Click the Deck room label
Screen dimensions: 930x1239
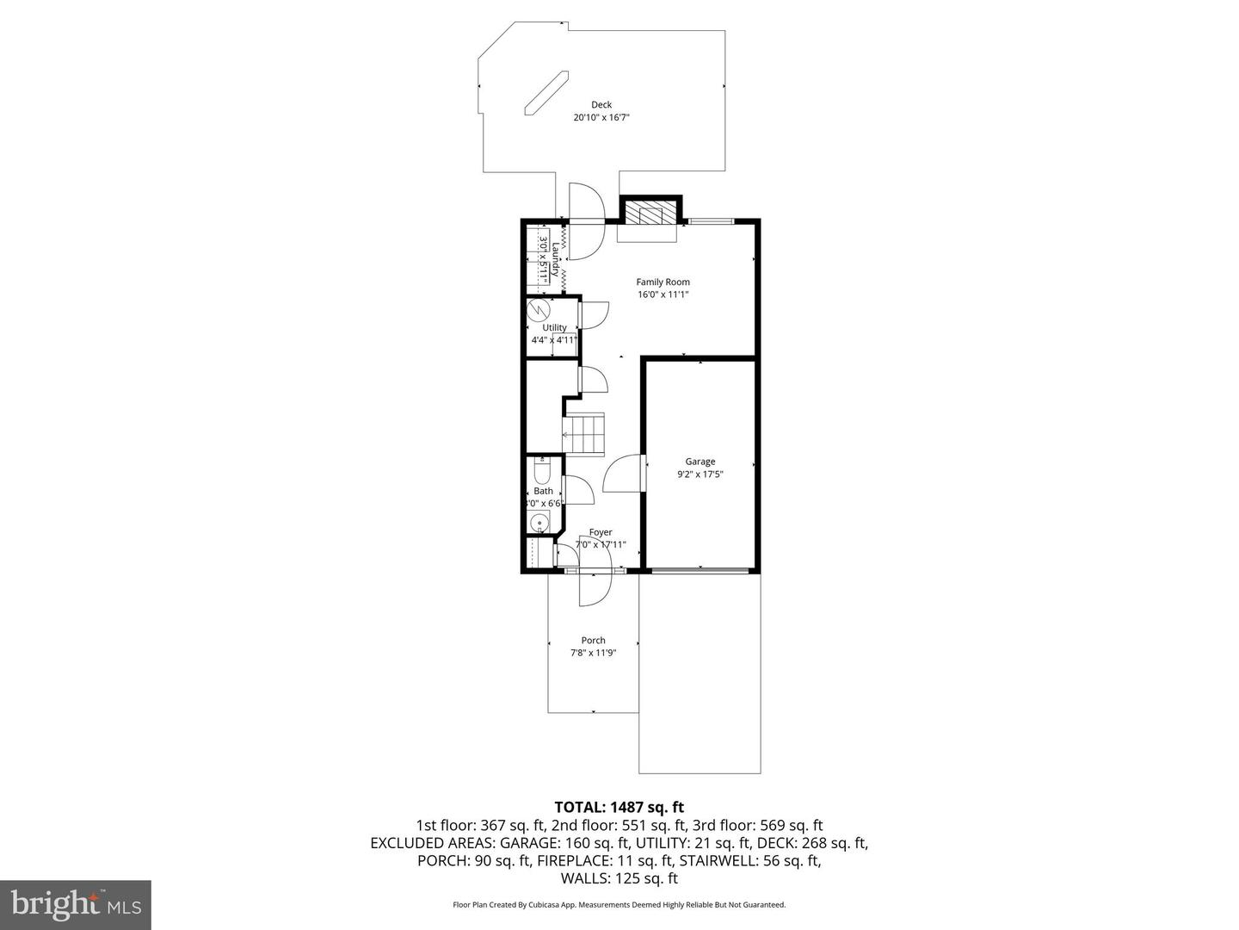(601, 105)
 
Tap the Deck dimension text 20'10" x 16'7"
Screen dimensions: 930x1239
(601, 118)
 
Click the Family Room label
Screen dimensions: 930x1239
(663, 282)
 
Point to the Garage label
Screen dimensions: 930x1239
(700, 462)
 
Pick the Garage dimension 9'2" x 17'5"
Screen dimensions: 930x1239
(700, 474)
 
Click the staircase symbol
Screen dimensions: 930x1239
(584, 434)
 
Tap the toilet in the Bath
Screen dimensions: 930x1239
(542, 473)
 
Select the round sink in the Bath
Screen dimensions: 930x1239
(539, 522)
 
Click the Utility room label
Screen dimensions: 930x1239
(554, 327)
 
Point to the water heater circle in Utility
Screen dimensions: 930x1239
(538, 309)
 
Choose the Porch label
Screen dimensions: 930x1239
(593, 640)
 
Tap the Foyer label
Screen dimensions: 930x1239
(601, 532)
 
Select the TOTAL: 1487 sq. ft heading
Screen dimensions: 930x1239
(619, 807)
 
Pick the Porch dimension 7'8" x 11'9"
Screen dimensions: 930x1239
(593, 653)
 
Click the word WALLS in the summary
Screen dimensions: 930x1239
(585, 878)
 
